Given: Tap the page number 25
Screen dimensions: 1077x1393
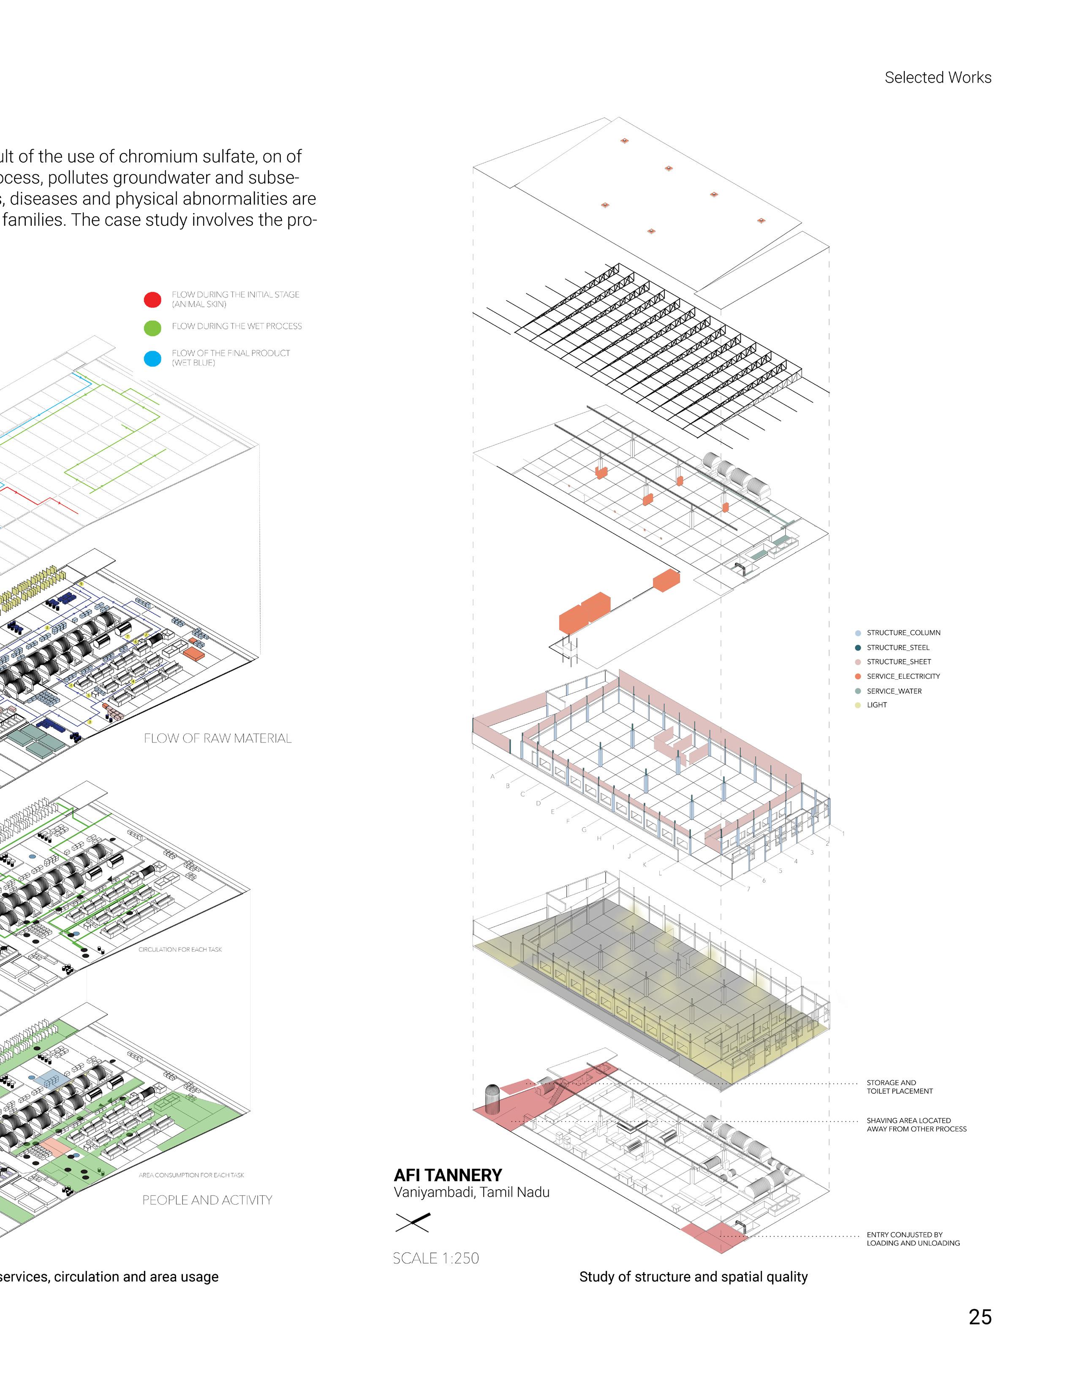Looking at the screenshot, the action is click(x=979, y=1317).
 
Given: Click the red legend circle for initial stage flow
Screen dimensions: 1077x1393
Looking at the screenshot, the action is click(x=152, y=300).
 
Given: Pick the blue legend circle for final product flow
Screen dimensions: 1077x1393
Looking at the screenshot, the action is click(x=152, y=358).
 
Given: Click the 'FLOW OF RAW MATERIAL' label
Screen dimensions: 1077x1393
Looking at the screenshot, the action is click(x=218, y=739).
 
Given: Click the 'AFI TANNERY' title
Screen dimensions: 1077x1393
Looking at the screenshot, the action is click(x=448, y=1175).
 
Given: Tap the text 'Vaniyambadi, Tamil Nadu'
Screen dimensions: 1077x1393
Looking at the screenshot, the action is click(x=471, y=1192).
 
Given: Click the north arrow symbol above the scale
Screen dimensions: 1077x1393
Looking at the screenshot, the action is click(x=413, y=1222).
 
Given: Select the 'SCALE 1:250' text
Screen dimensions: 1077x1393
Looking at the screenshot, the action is click(x=436, y=1258).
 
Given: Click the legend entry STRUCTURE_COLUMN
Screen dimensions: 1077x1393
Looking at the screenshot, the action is click(x=903, y=633).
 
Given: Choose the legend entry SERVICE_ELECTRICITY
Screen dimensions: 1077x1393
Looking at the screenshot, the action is click(x=903, y=676).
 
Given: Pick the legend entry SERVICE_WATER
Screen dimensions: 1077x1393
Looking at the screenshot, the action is click(x=893, y=691).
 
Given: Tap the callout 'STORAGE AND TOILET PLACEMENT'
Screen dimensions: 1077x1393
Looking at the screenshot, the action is click(x=899, y=1087).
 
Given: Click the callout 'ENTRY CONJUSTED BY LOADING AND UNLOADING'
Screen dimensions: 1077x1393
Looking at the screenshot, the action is click(x=912, y=1239).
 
